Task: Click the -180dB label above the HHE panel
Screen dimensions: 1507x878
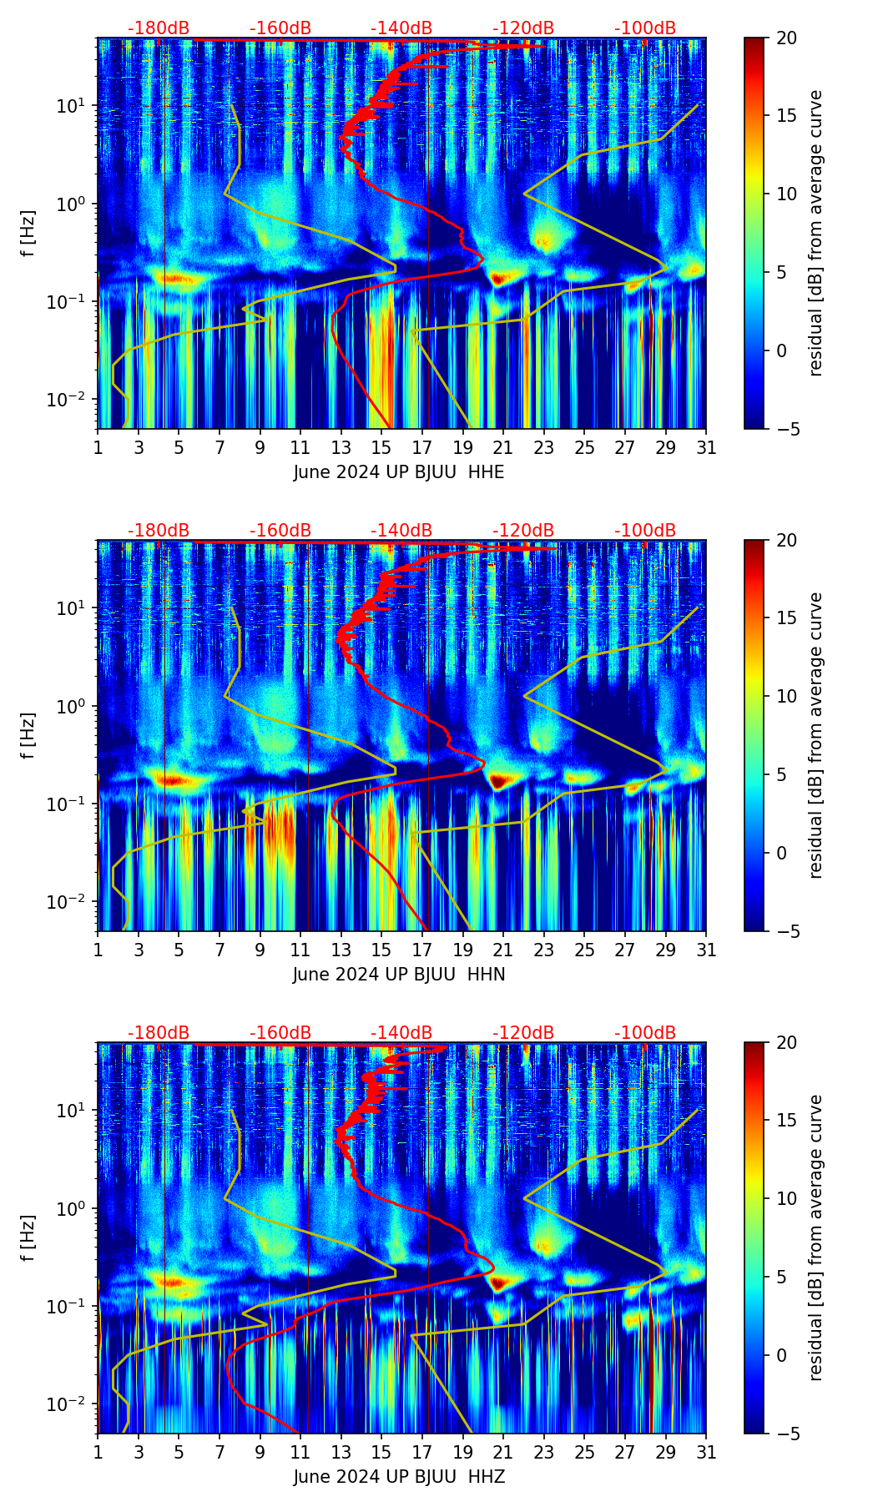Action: [159, 28]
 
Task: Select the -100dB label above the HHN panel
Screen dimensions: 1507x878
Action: [645, 531]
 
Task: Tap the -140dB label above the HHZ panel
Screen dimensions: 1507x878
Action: [401, 1033]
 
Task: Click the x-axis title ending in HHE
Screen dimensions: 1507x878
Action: [399, 472]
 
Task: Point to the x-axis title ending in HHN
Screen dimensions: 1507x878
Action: [399, 975]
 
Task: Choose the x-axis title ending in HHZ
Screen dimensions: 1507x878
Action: [399, 1477]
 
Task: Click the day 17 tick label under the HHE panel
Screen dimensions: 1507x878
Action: [421, 448]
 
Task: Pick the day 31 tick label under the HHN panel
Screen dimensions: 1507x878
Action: [706, 950]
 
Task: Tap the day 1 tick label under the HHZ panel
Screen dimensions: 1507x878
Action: [98, 1453]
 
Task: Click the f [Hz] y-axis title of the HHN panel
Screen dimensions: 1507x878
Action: [29, 735]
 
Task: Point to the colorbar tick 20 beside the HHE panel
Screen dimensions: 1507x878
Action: [787, 38]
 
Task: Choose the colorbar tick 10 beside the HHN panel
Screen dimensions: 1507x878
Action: [787, 696]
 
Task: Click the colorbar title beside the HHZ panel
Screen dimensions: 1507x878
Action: [815, 1238]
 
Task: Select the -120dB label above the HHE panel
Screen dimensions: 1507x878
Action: [523, 28]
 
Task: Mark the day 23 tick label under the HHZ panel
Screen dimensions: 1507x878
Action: [543, 1453]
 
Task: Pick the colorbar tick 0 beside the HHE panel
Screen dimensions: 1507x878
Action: [783, 350]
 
